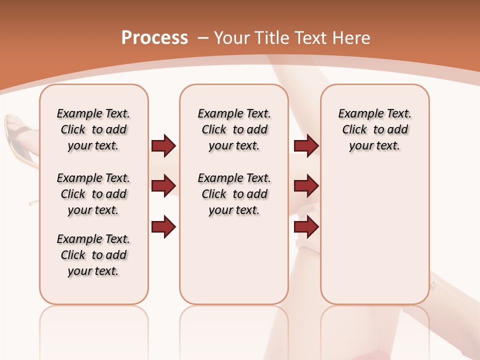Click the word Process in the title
154,37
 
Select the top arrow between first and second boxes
163,145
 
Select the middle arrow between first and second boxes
163,186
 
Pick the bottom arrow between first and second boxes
163,226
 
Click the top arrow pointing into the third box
306,145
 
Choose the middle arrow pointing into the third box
306,186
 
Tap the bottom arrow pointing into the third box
306,226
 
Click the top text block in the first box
93,129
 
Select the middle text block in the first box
93,194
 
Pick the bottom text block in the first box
93,255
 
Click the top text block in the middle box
234,129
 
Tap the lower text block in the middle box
234,194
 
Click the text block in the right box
374,129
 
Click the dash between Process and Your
202,38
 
